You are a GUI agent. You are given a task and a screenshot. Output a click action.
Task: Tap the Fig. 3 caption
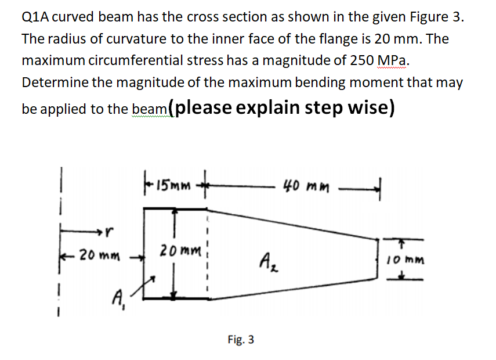(x=241, y=339)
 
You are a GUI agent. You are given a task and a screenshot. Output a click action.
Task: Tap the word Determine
(x=54, y=82)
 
